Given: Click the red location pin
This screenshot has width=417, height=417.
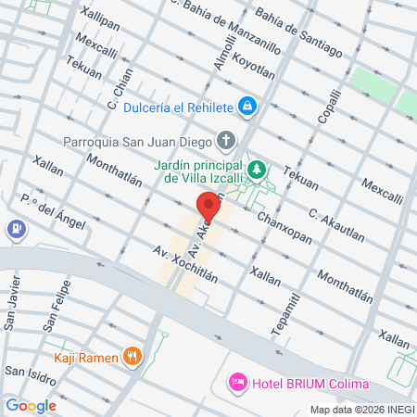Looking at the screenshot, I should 208,206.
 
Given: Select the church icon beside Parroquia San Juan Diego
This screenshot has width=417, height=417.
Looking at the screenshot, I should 226,142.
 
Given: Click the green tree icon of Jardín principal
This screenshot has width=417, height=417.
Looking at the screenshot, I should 262,170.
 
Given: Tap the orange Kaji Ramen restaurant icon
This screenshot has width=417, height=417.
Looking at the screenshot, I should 133,355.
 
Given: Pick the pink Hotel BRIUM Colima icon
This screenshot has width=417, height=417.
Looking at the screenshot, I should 237,382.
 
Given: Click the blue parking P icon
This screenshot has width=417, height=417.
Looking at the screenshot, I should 16,229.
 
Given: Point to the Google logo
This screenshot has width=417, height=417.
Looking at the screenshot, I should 32,405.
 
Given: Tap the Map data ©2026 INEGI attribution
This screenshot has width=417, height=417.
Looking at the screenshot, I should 360,410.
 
